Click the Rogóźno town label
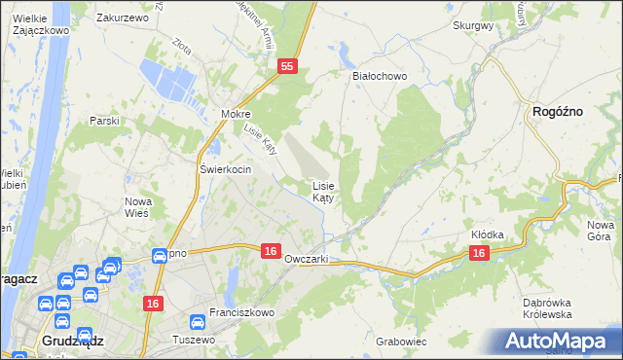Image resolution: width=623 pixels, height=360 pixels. [558, 112]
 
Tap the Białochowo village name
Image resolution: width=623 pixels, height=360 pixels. [379, 75]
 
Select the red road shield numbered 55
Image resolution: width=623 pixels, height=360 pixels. [286, 66]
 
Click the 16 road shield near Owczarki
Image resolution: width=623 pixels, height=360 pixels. [272, 251]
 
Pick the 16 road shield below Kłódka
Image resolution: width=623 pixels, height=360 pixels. [478, 253]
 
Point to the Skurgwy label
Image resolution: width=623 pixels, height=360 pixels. [473, 26]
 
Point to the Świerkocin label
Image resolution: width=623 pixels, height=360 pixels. [226, 169]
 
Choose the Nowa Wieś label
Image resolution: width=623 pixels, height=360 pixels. [137, 207]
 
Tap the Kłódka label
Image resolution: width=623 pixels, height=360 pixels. [488, 234]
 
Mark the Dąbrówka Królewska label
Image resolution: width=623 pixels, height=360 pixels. [544, 308]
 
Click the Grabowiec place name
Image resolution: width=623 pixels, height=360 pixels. [401, 342]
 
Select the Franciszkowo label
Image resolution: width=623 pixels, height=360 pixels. [242, 313]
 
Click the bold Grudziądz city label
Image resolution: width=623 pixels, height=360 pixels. [74, 341]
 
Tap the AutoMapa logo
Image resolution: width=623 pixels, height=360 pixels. [559, 341]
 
